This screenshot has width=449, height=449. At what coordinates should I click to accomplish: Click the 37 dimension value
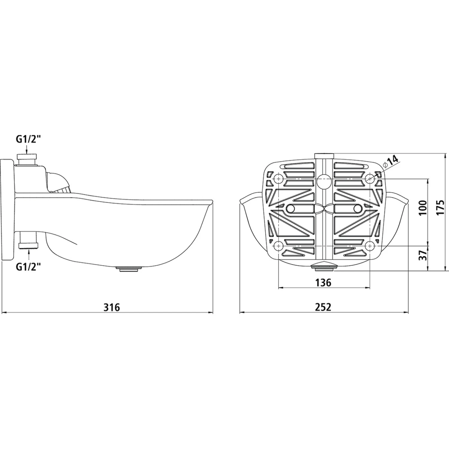(x=422, y=255)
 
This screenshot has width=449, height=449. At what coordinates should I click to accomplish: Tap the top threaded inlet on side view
(x=27, y=159)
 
